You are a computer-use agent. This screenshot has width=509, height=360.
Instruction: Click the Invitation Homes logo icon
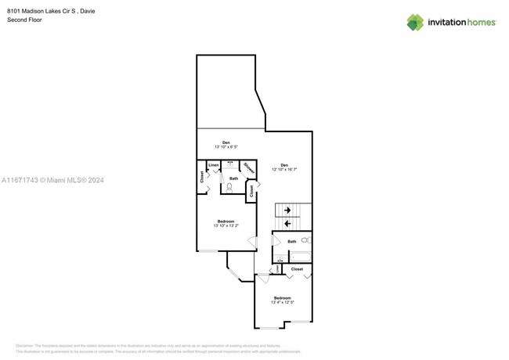coord(414,22)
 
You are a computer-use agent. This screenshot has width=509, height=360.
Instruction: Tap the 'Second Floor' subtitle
coord(24,20)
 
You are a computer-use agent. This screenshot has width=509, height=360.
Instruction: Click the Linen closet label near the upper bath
coord(214,165)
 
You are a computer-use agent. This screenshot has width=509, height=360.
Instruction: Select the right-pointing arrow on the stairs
coord(288,210)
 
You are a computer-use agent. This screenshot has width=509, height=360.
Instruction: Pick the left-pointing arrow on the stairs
coord(288,223)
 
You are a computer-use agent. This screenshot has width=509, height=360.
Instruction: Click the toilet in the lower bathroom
coord(305,240)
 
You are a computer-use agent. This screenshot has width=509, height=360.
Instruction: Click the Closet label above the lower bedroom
coord(297,268)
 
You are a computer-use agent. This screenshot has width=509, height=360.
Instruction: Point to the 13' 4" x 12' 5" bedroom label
coord(283,300)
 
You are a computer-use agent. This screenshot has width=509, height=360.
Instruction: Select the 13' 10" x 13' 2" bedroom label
coord(226,224)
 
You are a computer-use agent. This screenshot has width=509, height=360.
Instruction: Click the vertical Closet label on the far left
coord(202,178)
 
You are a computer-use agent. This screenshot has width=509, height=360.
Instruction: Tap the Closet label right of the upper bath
coord(251,190)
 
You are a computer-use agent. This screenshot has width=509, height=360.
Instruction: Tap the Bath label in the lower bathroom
coord(292,242)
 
